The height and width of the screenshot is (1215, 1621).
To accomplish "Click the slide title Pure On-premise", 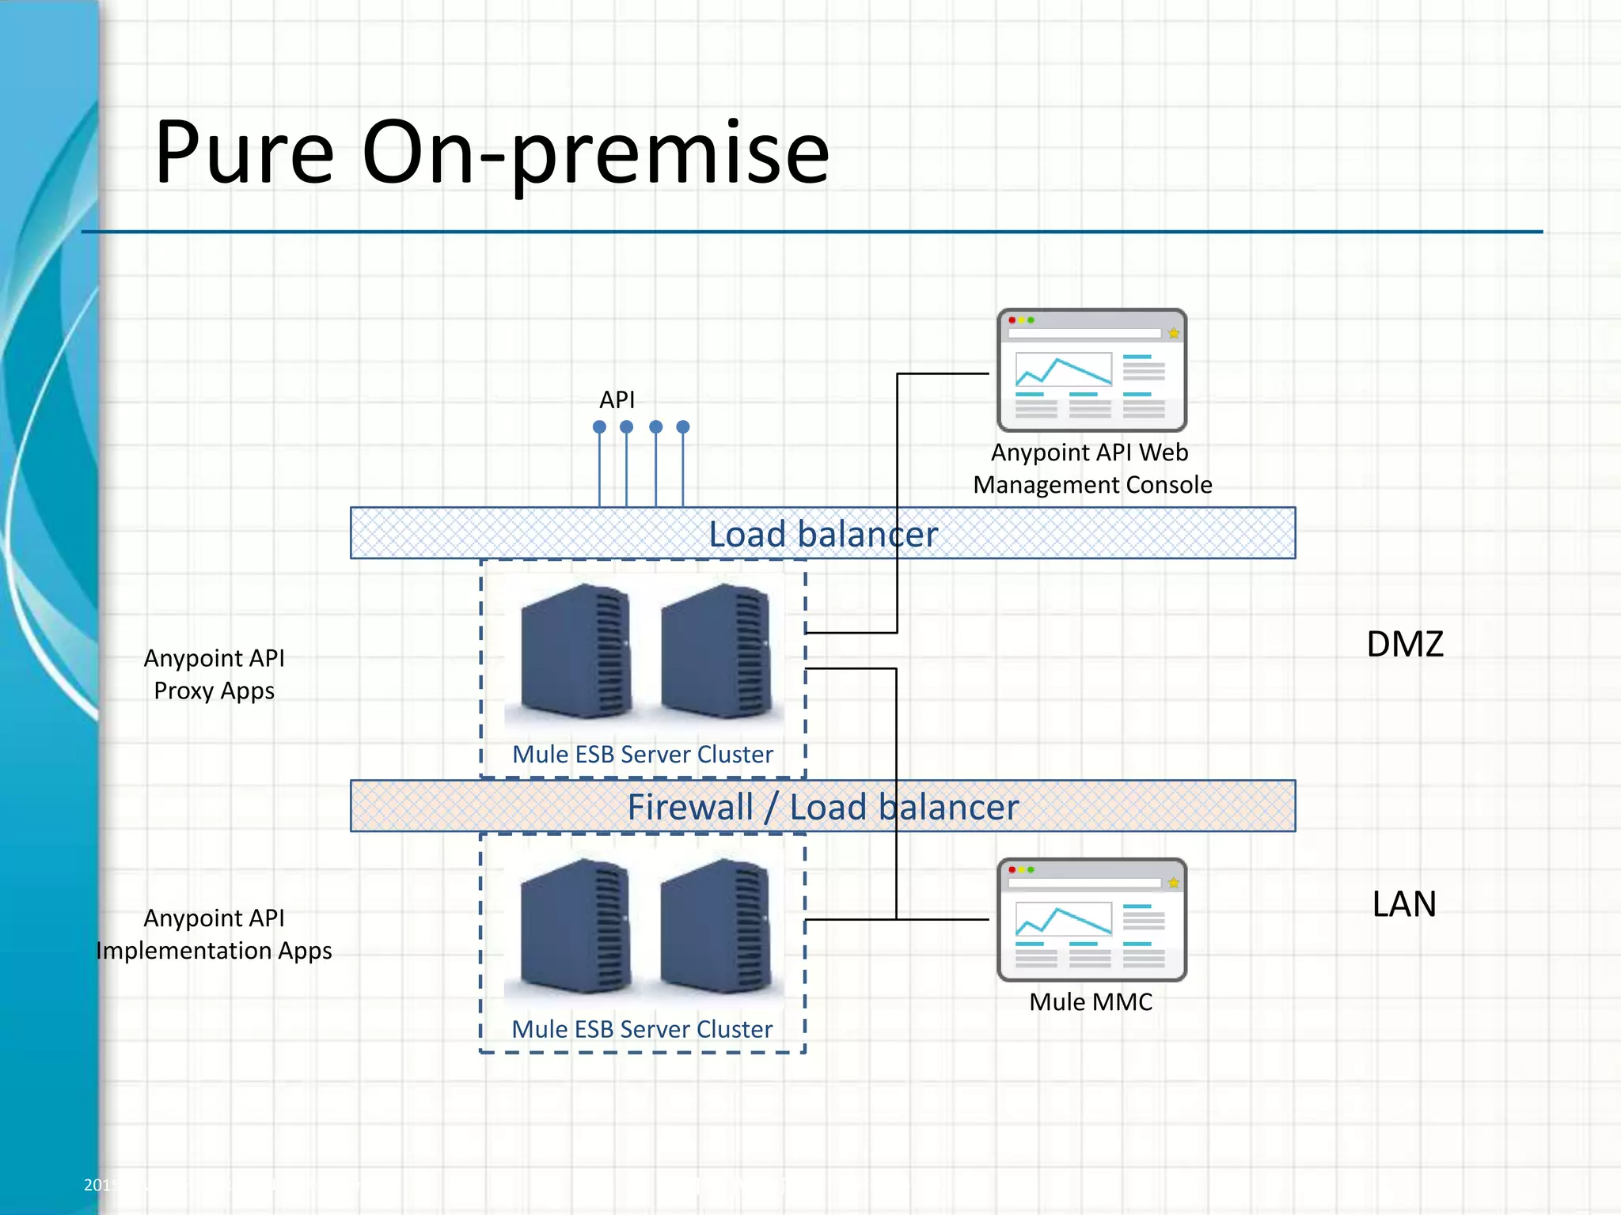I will tap(491, 152).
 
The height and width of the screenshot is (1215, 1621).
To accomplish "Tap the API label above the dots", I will tap(617, 400).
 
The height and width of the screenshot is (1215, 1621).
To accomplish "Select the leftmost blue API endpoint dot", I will tap(599, 427).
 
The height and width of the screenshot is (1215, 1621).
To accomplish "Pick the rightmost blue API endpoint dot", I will tap(683, 427).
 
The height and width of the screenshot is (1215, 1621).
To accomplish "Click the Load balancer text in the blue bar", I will tap(822, 534).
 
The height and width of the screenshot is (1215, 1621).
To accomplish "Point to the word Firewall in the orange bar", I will tap(690, 808).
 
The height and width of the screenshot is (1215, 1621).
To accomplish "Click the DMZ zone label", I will tap(1405, 644).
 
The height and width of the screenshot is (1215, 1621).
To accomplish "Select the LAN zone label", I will tap(1404, 904).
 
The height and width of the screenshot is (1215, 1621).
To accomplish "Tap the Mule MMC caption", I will tap(1091, 1002).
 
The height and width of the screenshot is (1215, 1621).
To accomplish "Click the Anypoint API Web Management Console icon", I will tap(1091, 370).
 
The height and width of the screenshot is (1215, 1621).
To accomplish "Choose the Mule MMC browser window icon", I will tap(1091, 920).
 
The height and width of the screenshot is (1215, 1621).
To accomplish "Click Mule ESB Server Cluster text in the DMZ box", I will tap(642, 755).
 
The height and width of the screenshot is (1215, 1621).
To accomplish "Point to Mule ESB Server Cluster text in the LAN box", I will tap(642, 1029).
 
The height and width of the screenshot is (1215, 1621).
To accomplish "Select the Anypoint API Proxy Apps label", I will tap(214, 675).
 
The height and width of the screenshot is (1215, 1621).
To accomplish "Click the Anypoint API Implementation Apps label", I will tap(214, 934).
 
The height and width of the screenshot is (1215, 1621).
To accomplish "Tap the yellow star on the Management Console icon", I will tap(1173, 334).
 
